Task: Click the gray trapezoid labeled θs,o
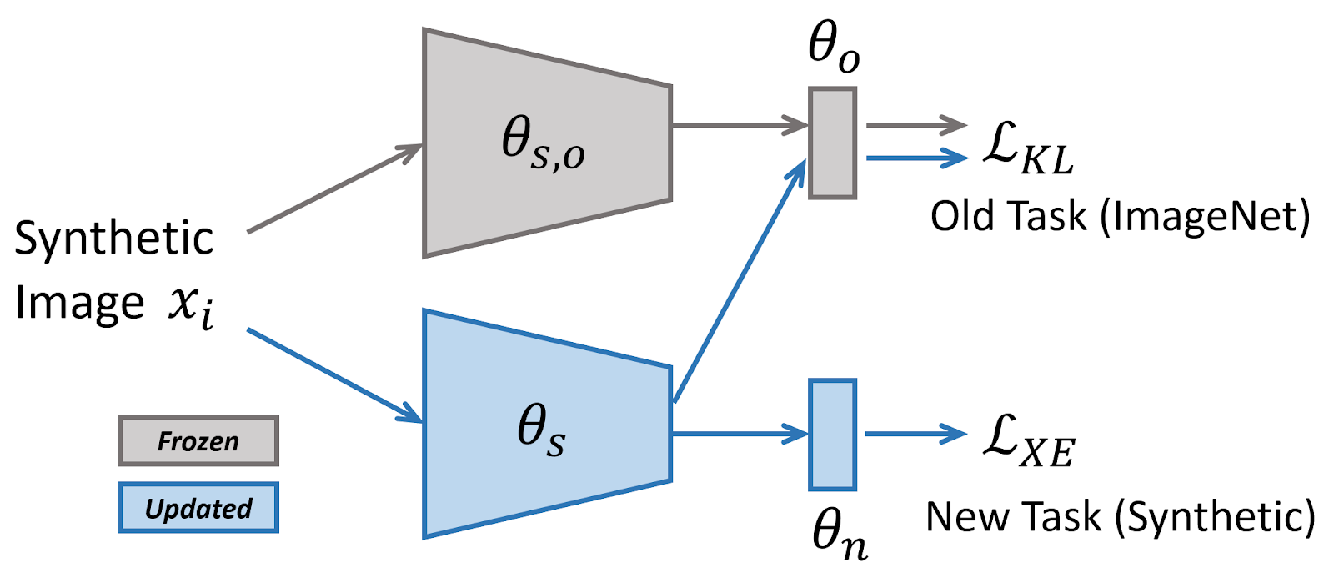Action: [x=546, y=143]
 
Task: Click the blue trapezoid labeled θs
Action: [x=546, y=425]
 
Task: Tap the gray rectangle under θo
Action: [x=832, y=143]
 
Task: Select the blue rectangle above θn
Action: [x=832, y=435]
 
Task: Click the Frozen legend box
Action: [x=198, y=440]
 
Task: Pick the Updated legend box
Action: [x=198, y=508]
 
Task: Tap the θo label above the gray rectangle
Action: [x=833, y=46]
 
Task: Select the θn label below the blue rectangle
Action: [x=839, y=534]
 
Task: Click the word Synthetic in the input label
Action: [x=114, y=239]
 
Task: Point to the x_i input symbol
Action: [x=191, y=306]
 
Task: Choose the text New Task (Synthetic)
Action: [x=1120, y=517]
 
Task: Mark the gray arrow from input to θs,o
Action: [x=333, y=188]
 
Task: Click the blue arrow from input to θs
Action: [x=333, y=374]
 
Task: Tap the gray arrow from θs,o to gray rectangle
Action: [x=739, y=126]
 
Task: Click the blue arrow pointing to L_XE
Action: [x=915, y=434]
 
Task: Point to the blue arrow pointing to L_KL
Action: [x=916, y=157]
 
